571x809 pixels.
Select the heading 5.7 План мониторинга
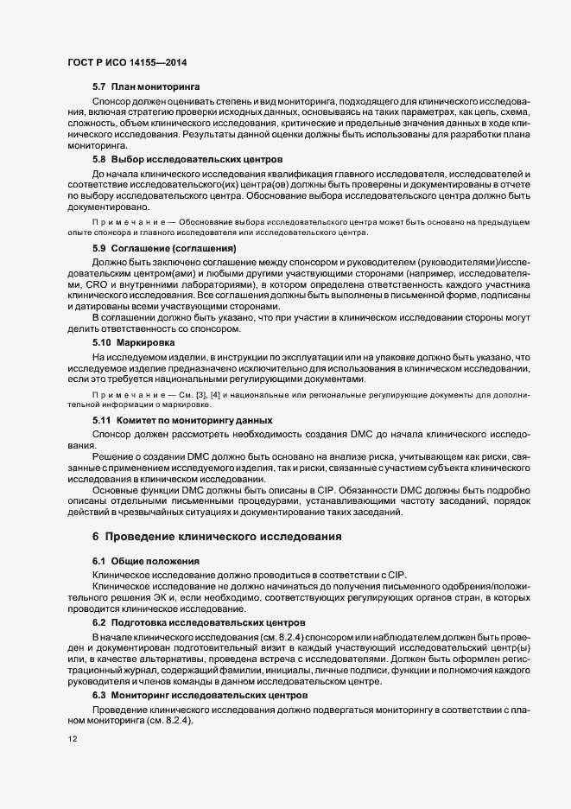tap(146, 88)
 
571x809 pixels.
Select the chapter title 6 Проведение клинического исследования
tap(215, 537)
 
